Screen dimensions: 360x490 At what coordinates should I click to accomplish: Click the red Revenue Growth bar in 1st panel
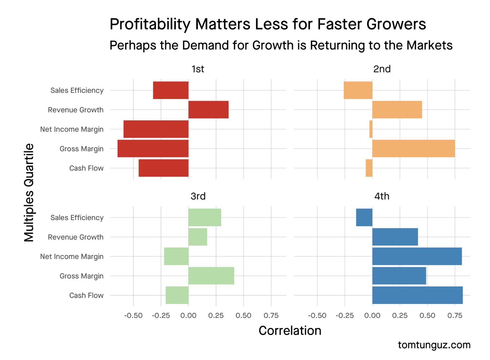click(208, 110)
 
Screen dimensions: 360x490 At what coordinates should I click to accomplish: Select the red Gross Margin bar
click(153, 149)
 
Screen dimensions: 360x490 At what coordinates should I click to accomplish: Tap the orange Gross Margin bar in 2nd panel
click(413, 149)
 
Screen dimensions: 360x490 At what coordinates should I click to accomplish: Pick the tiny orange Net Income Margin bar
click(371, 129)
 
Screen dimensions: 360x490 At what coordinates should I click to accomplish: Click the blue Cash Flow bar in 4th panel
click(417, 295)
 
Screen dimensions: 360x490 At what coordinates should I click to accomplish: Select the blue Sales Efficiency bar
click(364, 217)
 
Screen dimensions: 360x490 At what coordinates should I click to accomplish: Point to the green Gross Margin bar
click(211, 276)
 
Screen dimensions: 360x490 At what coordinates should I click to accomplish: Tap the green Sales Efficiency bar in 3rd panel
click(205, 217)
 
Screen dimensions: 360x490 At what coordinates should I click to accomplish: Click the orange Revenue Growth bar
click(397, 110)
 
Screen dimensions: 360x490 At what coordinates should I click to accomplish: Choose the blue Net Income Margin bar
click(417, 256)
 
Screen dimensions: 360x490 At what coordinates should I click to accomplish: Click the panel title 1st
click(198, 69)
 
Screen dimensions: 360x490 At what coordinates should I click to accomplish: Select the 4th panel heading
click(382, 196)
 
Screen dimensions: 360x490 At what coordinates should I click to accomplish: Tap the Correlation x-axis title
click(290, 330)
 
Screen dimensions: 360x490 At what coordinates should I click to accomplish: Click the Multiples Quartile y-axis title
click(29, 193)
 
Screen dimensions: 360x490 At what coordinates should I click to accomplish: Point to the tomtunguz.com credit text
click(434, 345)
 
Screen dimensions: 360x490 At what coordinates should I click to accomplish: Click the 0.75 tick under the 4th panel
click(455, 315)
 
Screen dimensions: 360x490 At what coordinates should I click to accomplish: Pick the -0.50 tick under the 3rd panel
click(133, 315)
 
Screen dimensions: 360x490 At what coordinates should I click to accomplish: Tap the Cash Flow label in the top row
click(86, 168)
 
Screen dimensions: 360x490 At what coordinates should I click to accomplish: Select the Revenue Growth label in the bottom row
click(76, 237)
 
